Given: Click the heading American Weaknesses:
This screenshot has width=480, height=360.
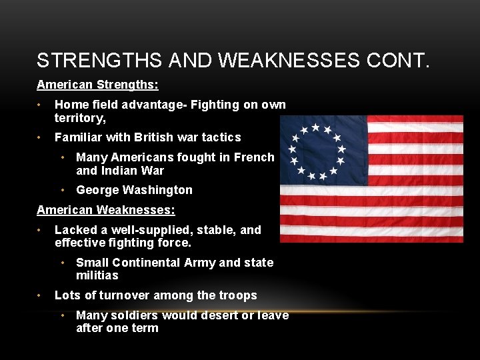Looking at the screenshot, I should click(106, 210).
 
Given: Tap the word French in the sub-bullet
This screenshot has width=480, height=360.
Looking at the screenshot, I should click(254, 157).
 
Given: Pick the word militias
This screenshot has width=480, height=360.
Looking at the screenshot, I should click(97, 275).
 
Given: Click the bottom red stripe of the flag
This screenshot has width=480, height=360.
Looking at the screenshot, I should click(371, 238).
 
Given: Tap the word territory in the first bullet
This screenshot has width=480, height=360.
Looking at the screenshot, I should click(79, 117).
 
